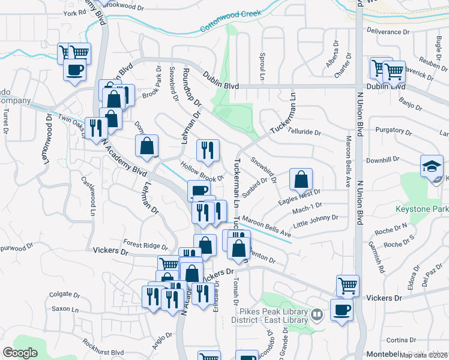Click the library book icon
point(316,313)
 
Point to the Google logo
point(20,352)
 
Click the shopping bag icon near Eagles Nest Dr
point(301,179)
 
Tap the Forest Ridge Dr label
point(146,245)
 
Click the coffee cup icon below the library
point(342,310)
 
